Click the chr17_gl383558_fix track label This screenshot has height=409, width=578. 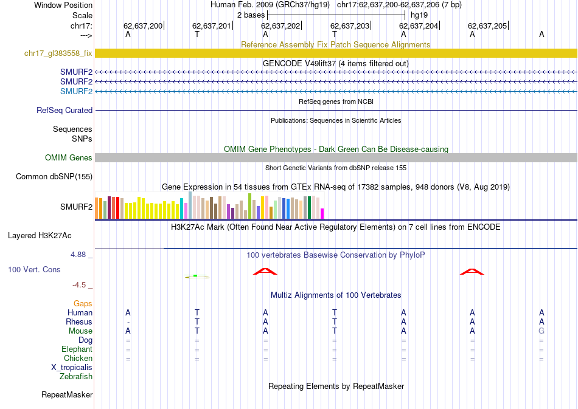click(58, 53)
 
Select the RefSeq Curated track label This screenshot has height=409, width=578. click(64, 111)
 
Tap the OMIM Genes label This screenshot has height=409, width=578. click(69, 158)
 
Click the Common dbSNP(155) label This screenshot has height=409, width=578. click(54, 177)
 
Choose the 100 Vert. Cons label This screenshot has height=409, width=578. click(34, 269)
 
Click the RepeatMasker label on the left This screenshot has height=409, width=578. click(67, 395)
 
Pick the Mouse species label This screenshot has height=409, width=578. click(80, 331)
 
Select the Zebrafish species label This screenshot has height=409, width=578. click(76, 377)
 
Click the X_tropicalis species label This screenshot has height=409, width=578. click(72, 368)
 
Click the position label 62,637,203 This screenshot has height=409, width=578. click(350, 26)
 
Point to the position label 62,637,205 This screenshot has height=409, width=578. click(487, 26)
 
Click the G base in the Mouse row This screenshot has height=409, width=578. click(541, 331)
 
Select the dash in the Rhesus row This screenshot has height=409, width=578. click(128, 322)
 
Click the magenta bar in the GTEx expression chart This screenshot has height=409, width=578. click(322, 213)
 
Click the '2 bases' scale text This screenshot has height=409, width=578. click(250, 15)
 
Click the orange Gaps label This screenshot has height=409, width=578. click(83, 303)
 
